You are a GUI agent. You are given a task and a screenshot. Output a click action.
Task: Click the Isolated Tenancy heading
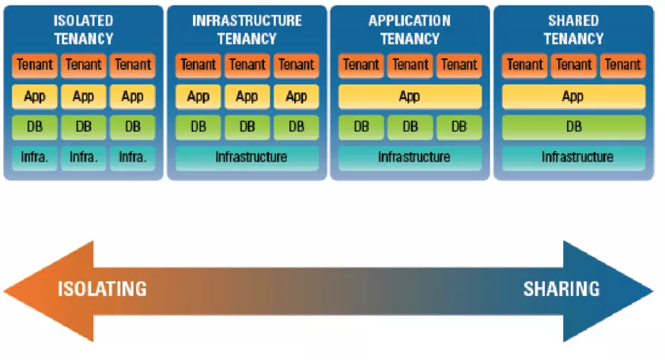point(83,29)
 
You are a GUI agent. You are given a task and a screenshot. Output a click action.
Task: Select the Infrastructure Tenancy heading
point(247,29)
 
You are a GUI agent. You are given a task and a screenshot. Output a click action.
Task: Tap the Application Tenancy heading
point(410,29)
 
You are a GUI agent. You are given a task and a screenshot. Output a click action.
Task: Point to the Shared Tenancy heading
point(573,29)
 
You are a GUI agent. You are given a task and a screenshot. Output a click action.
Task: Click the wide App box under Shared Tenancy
point(573,97)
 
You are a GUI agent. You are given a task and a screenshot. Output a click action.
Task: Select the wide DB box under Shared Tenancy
point(573,127)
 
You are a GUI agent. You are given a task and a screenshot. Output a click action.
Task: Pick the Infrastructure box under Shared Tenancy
point(573,157)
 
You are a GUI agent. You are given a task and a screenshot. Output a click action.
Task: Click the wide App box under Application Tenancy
point(410,97)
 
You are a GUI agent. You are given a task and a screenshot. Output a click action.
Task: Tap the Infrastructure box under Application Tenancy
point(410,157)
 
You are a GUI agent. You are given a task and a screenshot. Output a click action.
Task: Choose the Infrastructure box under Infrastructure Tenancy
point(247,157)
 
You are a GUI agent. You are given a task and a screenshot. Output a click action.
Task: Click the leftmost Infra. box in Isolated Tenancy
point(35,157)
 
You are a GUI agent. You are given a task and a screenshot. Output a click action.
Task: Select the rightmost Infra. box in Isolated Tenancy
point(132,157)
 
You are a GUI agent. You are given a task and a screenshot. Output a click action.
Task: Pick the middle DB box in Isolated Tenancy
point(83,127)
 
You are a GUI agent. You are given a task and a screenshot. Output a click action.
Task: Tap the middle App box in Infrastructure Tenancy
point(247,97)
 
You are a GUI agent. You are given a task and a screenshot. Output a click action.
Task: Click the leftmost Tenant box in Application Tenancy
point(361,65)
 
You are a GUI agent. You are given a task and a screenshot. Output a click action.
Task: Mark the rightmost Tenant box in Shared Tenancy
point(622,65)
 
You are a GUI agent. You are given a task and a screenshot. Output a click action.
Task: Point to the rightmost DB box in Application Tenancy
point(459,127)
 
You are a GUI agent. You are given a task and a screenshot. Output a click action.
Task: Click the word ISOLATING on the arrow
point(102,289)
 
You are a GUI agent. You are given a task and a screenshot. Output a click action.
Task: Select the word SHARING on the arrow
point(561,289)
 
